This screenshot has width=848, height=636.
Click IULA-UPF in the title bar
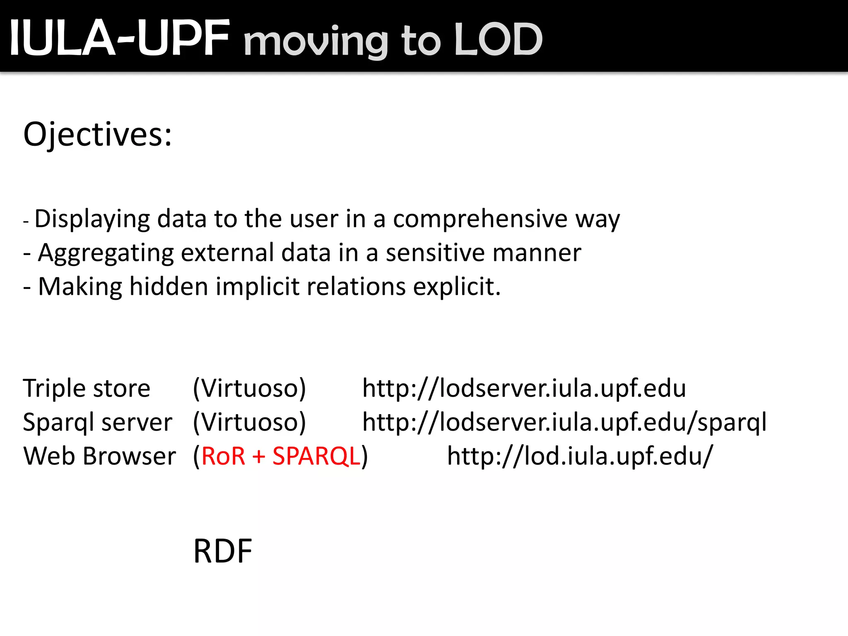tap(119, 38)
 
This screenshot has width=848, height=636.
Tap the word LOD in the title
tap(498, 40)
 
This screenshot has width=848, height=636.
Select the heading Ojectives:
tap(97, 135)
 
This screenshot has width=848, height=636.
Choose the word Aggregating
tap(106, 253)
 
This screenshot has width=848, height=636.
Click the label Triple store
tap(87, 388)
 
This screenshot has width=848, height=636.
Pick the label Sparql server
tap(97, 422)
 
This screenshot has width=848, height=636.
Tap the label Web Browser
tap(99, 456)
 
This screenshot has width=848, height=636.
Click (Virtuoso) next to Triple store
tap(249, 388)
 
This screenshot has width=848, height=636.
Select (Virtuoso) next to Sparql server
tap(249, 422)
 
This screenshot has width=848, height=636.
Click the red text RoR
tap(223, 456)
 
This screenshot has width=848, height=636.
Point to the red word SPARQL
tap(316, 456)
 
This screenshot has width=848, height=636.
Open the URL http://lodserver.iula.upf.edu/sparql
tap(564, 422)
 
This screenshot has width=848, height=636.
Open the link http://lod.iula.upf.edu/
tap(580, 456)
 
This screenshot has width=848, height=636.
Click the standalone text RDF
tap(223, 552)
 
